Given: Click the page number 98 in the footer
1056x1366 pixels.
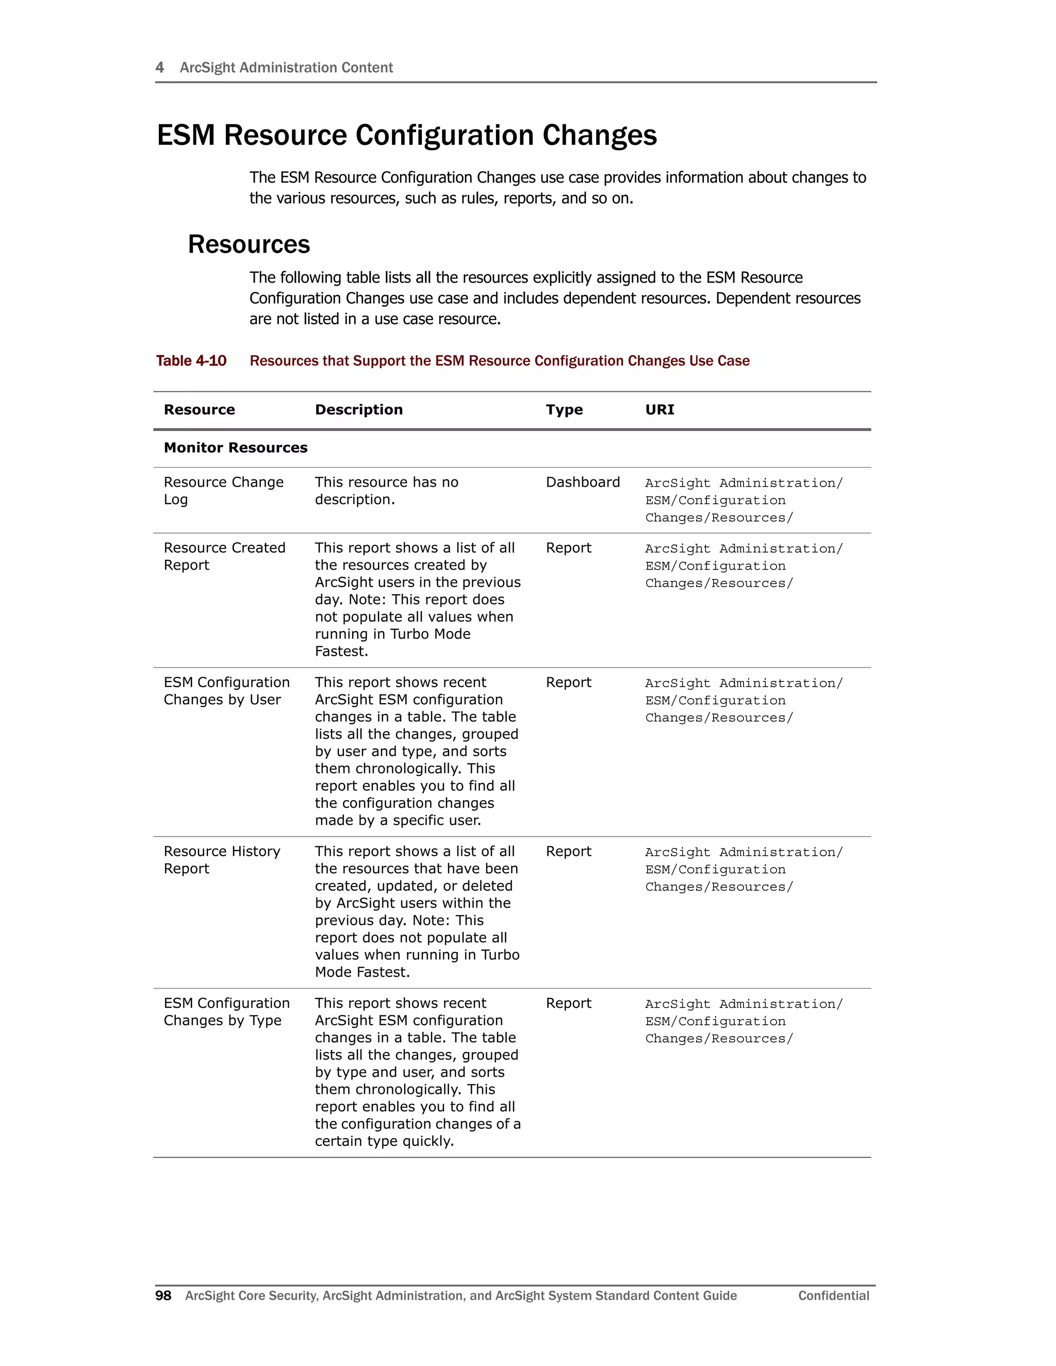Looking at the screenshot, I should click(x=163, y=1295).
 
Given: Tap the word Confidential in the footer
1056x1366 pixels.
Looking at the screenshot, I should click(x=833, y=1295).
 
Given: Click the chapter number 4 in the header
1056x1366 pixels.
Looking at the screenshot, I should click(x=159, y=68).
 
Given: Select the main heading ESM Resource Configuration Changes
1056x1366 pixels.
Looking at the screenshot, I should click(x=407, y=135).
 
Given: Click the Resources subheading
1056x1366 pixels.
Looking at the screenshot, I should click(x=249, y=244).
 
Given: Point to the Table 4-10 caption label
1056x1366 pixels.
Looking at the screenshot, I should click(x=191, y=361).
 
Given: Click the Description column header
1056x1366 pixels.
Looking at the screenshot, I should click(x=358, y=410).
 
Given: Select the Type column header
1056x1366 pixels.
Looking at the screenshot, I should click(x=564, y=410).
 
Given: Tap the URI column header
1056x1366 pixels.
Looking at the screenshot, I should click(x=659, y=410).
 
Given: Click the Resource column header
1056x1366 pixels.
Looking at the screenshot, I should click(x=199, y=410).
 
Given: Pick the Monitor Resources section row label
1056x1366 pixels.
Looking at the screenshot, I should click(x=235, y=448).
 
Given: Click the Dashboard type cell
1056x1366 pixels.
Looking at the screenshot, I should click(x=583, y=482).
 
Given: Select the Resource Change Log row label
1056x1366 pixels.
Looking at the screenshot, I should click(x=223, y=490).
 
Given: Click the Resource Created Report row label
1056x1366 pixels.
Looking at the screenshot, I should click(x=224, y=556).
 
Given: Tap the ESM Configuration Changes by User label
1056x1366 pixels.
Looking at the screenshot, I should click(x=226, y=691).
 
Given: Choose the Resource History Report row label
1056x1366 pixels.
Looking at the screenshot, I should click(x=221, y=859).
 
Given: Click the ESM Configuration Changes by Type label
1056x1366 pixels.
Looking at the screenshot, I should click(x=226, y=1011).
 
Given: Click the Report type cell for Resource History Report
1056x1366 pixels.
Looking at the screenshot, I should click(x=568, y=851).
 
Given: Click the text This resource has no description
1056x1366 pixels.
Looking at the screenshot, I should click(x=386, y=490).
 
